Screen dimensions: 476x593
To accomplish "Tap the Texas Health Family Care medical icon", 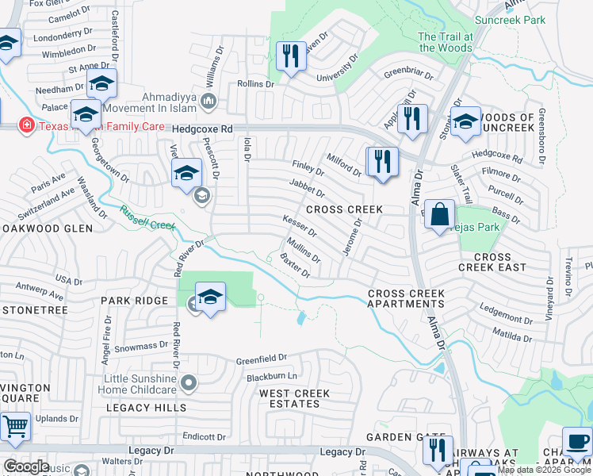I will point(26,126).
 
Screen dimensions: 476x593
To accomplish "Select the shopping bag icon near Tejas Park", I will point(440,213).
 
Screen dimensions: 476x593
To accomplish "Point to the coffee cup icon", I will point(576,440).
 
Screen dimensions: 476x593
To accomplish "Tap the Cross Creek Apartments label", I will point(406,299).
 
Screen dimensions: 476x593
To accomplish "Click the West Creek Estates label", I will point(295,399).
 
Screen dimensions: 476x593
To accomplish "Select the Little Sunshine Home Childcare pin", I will point(188,383).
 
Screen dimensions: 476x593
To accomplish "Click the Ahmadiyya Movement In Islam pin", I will point(209,100).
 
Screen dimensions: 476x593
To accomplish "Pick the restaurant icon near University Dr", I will point(291,55).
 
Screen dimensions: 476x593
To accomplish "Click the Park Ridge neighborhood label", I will point(134,301).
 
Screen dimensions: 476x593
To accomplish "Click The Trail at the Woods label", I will point(445,42).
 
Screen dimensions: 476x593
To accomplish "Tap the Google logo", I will point(26,466).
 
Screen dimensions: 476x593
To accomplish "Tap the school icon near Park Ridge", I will point(209,297).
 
